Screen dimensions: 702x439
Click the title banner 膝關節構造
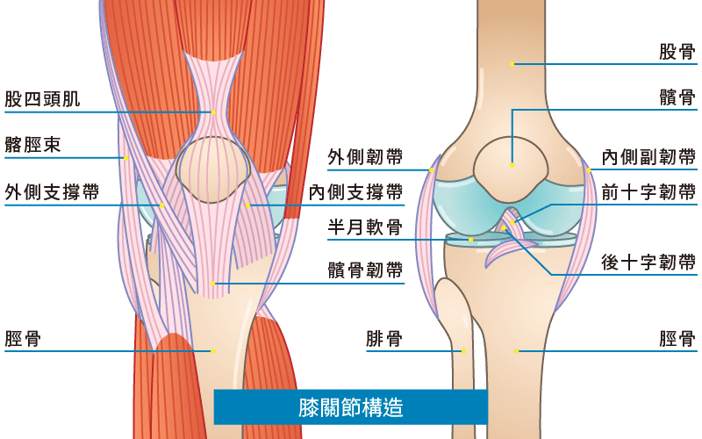pyautogui.click(x=350, y=407)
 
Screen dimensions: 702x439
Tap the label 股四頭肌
pyautogui.click(x=42, y=98)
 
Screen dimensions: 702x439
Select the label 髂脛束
pyautogui.click(x=32, y=145)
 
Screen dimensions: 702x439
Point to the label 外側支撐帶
pyautogui.click(x=52, y=191)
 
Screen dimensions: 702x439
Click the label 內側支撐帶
pyautogui.click(x=355, y=191)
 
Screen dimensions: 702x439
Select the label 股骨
pyautogui.click(x=677, y=51)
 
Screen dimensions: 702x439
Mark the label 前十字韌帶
pyautogui.click(x=649, y=191)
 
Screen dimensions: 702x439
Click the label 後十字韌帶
pyautogui.click(x=649, y=262)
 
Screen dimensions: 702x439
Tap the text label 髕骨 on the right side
pyautogui.click(x=677, y=97)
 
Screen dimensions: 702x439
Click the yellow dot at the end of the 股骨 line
pyautogui.click(x=512, y=64)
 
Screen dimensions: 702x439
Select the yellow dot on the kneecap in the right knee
pyautogui.click(x=512, y=164)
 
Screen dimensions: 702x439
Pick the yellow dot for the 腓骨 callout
pyautogui.click(x=463, y=351)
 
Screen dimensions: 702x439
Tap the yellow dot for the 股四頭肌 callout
pyautogui.click(x=212, y=112)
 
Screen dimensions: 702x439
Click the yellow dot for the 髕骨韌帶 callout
pyautogui.click(x=212, y=284)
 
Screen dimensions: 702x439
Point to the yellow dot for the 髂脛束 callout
pyautogui.click(x=126, y=158)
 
